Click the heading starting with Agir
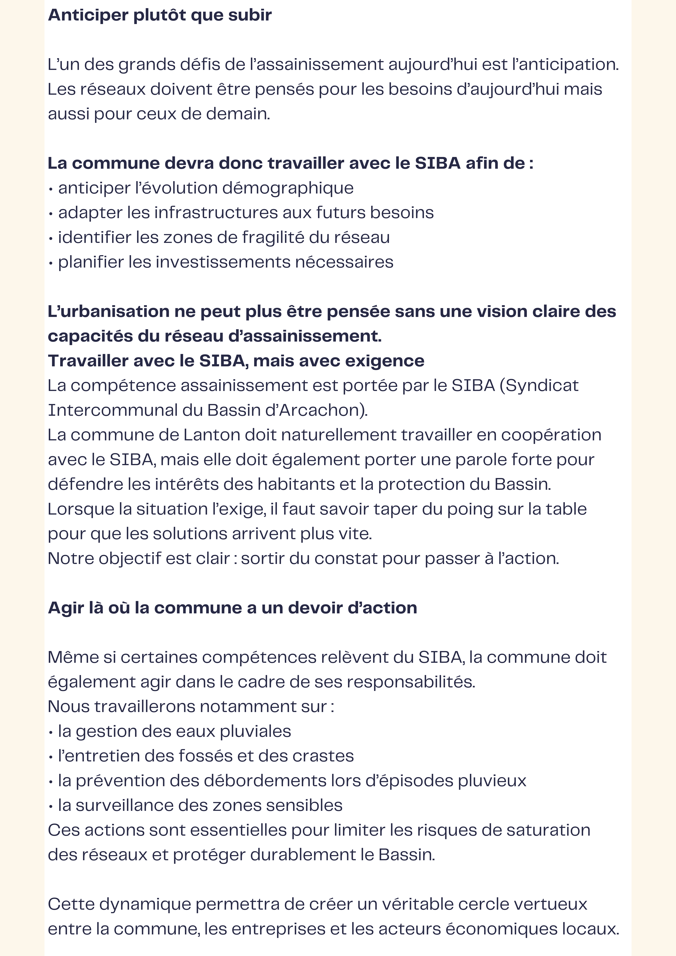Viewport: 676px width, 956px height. click(232, 608)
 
